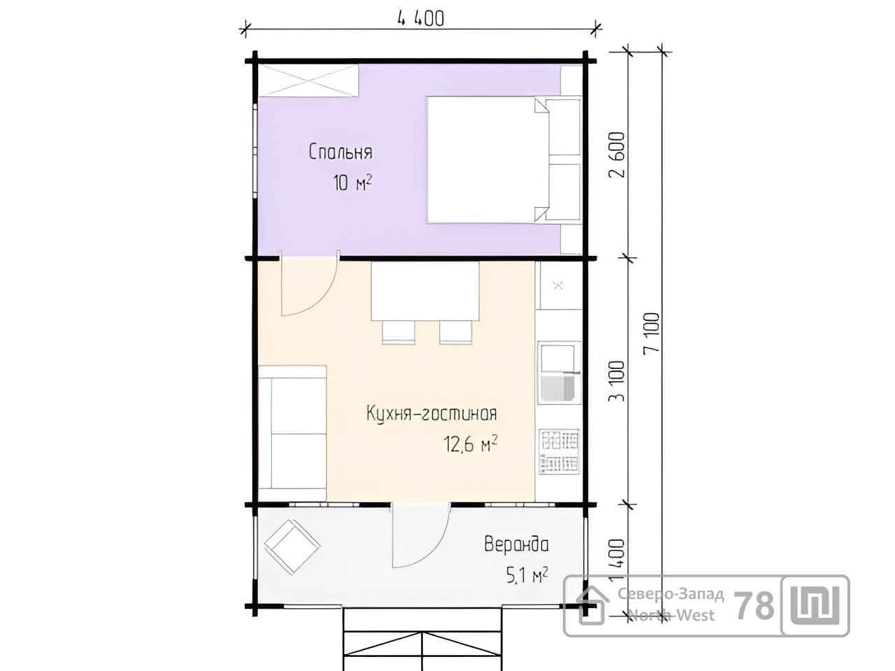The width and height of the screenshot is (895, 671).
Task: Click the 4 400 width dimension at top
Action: coord(421,19)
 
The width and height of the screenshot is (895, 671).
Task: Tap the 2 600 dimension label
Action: coord(617,154)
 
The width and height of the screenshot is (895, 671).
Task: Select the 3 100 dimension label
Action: coord(617,382)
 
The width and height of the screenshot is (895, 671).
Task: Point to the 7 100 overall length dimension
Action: coord(651,333)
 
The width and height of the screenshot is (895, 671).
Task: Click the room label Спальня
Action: coord(341,152)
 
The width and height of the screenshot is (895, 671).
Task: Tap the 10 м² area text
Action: coord(352,182)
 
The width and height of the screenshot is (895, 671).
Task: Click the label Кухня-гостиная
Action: coord(431,413)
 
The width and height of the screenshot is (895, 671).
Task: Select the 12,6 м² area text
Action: coord(471,444)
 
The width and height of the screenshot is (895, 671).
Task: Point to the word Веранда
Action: coord(517,544)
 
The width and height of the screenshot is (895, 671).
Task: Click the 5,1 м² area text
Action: coord(527,576)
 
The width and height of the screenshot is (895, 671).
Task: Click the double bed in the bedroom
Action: coord(504,159)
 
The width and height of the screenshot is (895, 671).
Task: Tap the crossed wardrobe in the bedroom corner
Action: coord(308,80)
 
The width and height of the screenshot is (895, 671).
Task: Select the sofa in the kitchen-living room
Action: coord(293,433)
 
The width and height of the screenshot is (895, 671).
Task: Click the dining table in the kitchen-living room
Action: coord(425,291)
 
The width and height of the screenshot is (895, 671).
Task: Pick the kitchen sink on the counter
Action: coord(559,373)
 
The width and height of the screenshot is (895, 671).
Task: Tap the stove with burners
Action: coord(559,452)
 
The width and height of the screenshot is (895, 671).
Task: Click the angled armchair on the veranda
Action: coord(292,547)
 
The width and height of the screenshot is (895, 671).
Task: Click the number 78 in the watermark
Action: coord(754,605)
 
